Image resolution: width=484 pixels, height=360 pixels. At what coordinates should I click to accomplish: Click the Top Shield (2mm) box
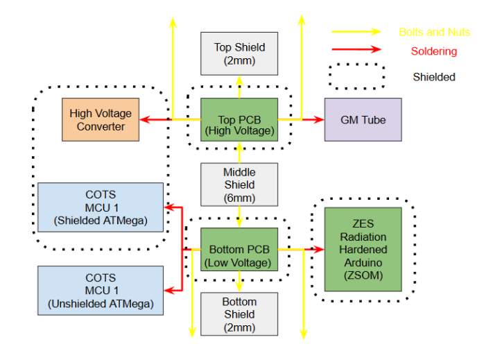[239, 53]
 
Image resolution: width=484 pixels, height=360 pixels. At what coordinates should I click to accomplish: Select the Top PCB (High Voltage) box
[239, 119]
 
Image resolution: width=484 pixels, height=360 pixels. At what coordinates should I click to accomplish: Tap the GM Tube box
[363, 119]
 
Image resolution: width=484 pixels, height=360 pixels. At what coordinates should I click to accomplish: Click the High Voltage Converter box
[101, 119]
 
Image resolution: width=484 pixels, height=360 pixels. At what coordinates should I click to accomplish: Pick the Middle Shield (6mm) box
[239, 185]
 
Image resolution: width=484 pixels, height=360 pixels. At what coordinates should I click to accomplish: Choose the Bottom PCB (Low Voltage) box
[239, 250]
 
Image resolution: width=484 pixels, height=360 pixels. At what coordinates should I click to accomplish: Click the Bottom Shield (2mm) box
[239, 314]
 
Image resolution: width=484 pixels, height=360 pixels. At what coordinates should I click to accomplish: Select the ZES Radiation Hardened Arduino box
[363, 249]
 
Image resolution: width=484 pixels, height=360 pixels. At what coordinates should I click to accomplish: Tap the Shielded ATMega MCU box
[101, 207]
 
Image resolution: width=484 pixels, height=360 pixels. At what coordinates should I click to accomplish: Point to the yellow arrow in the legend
[356, 31]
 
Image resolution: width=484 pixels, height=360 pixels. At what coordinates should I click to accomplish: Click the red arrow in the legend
[356, 49]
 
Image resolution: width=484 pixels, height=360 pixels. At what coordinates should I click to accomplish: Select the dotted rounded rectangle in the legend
[356, 76]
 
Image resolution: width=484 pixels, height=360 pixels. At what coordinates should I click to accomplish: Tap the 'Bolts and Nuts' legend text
[434, 32]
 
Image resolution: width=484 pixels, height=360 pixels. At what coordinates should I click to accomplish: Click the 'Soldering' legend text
[433, 51]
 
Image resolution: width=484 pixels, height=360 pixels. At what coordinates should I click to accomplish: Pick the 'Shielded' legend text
[434, 77]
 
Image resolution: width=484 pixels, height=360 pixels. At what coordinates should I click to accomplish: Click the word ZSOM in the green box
[363, 275]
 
